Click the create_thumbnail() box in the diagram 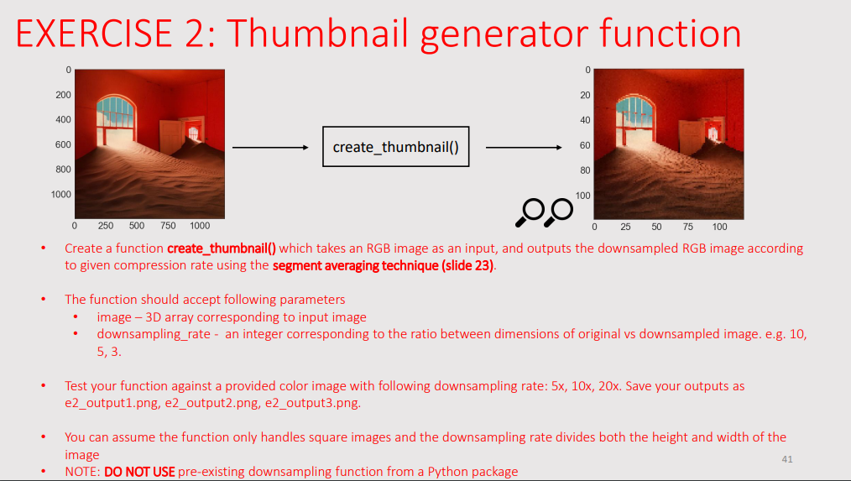pyautogui.click(x=395, y=147)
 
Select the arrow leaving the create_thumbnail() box pyautogui.click(x=524, y=147)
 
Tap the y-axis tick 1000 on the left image pyautogui.click(x=60, y=195)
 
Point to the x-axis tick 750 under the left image pyautogui.click(x=169, y=226)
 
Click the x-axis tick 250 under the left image pyautogui.click(x=106, y=226)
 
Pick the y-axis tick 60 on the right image pyautogui.click(x=585, y=145)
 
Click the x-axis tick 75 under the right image pyautogui.click(x=688, y=227)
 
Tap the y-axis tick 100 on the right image pyautogui.click(x=583, y=196)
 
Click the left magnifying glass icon pyautogui.click(x=530, y=212)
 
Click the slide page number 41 pyautogui.click(x=786, y=458)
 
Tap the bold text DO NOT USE pyautogui.click(x=139, y=472)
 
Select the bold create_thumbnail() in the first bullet pyautogui.click(x=222, y=248)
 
